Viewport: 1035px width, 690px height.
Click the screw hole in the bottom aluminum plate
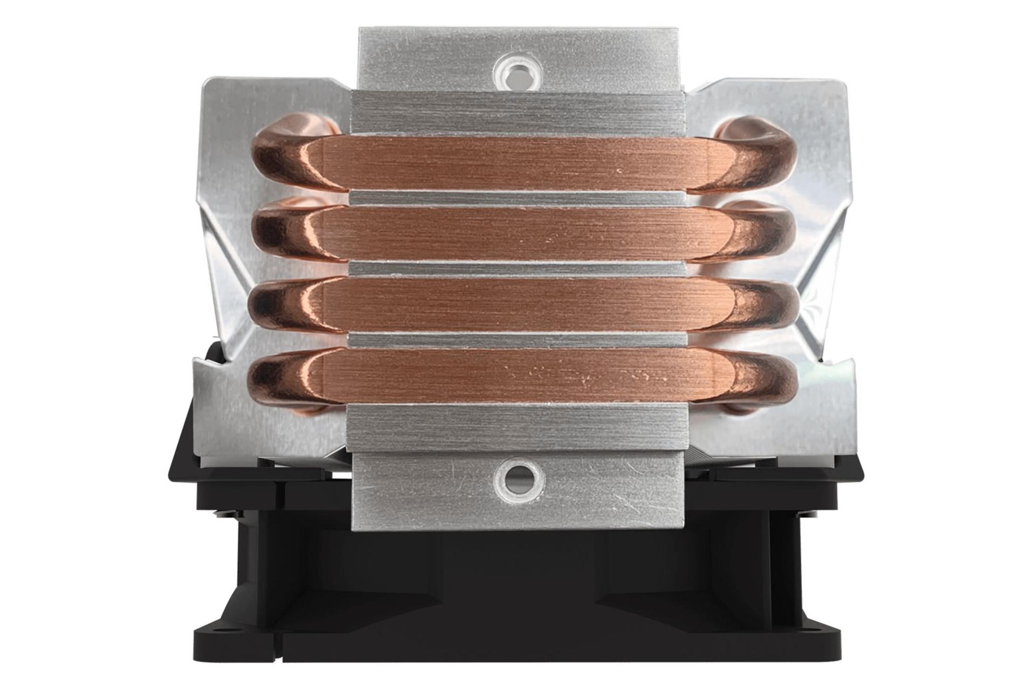[517, 478]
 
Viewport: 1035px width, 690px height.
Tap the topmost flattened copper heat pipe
[517, 163]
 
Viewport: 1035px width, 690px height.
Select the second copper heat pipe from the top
[517, 235]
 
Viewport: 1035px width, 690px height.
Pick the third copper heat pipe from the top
[517, 305]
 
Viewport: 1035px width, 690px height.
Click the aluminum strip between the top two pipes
[517, 198]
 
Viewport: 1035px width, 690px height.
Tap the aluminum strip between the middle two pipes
[517, 269]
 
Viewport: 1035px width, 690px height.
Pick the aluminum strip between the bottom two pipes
[517, 340]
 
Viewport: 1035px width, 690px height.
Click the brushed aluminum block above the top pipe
[517, 113]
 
